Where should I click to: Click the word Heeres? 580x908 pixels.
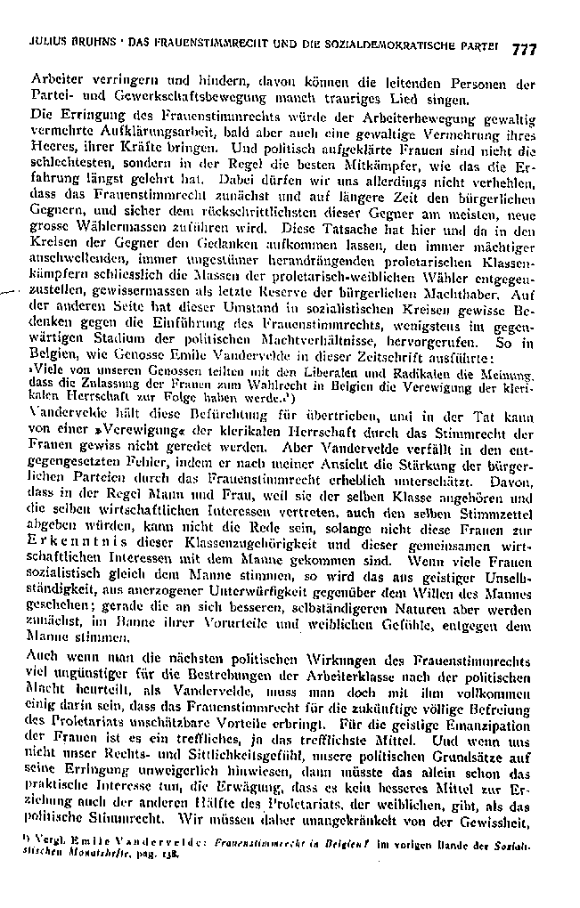click(x=50, y=149)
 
